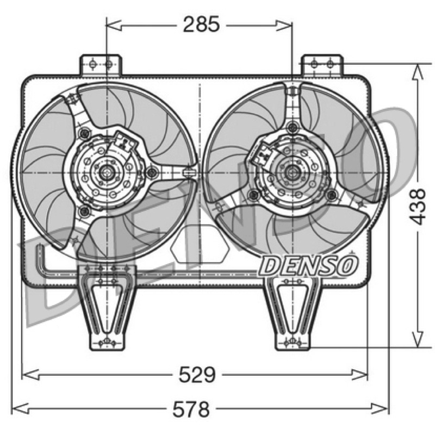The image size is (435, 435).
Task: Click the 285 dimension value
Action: [201, 24]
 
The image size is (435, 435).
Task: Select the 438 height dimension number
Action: [417, 207]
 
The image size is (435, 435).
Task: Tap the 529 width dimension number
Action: [197, 375]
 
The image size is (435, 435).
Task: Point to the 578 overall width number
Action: [191, 409]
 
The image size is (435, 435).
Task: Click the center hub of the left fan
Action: [105, 172]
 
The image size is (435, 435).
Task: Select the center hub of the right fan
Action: [291, 172]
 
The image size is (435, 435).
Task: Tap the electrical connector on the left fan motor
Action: [126, 141]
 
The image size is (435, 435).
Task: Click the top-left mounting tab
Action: [101, 65]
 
